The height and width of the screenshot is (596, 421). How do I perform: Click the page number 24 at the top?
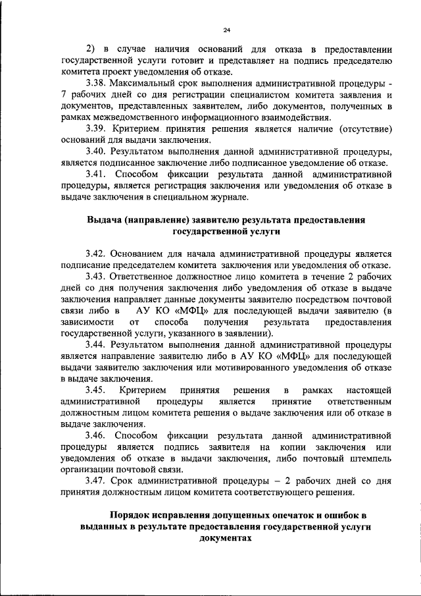click(x=226, y=30)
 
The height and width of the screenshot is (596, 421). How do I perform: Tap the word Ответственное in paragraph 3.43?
click(x=147, y=276)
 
